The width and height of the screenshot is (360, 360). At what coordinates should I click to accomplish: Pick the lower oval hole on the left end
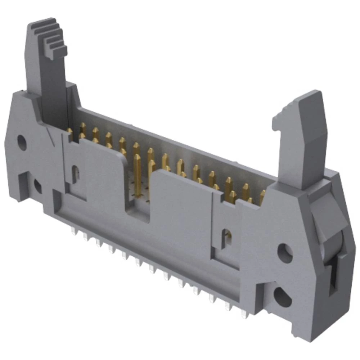(x=37, y=185)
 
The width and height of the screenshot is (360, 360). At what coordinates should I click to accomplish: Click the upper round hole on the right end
(x=285, y=252)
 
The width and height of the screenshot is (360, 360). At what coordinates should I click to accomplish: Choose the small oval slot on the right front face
(x=226, y=238)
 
